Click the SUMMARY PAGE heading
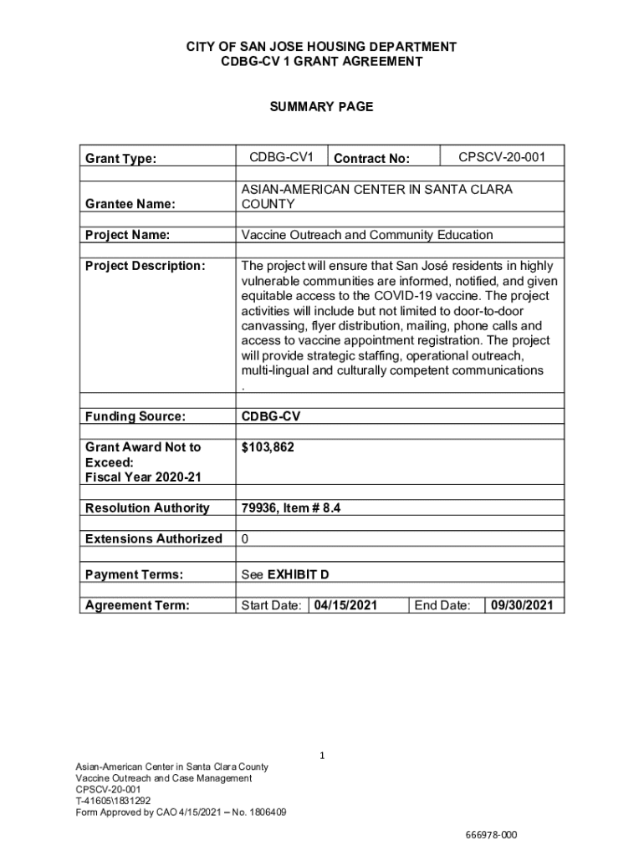point(321,106)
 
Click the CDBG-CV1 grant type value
point(281,157)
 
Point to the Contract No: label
point(371,159)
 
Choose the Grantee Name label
point(130,204)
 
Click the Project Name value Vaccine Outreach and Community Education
point(366,235)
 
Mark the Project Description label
point(145,266)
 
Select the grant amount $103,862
point(268,448)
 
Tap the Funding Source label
point(135,416)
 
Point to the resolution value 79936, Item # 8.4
point(290,508)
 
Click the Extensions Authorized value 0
point(244,539)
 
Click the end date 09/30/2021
point(522,605)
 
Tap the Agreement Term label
point(137,605)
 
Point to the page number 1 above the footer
point(322,756)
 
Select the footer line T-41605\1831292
point(113,800)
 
